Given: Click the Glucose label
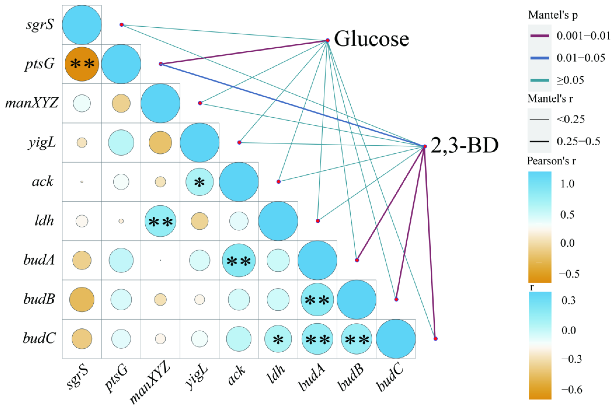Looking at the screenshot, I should coord(371,39).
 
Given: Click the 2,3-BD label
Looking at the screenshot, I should coord(464,145).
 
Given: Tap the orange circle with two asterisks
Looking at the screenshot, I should coord(82,64).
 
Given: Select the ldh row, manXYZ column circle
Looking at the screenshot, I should coord(160,221).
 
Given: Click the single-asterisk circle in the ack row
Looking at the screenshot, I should coord(199,182).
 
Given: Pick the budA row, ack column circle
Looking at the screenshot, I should coord(239,260).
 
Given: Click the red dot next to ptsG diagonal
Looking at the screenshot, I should coord(161,64).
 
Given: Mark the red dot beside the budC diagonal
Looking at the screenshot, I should coord(435,339).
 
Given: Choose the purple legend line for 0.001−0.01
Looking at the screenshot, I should coord(540,36).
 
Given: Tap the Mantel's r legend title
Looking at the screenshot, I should coord(550,99).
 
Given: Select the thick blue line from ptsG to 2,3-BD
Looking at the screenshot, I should coord(292,105).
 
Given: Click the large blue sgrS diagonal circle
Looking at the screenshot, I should coord(82,25).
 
